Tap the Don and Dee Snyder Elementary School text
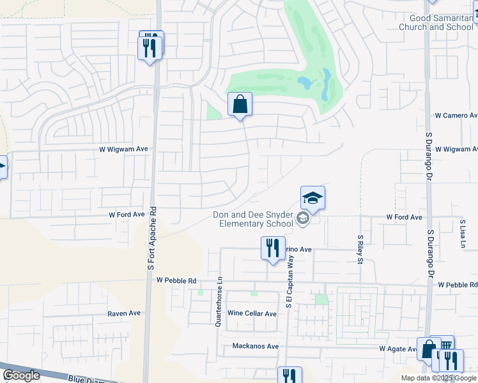pos(253,219)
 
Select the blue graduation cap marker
pos(312,199)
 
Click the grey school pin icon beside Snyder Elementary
pos(303,220)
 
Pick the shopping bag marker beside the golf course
pos(240,105)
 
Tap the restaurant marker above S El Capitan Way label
pos(273,248)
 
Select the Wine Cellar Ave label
pos(252,313)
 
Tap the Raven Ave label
pos(123,313)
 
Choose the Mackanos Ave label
pos(256,347)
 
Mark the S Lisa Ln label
pos(463,234)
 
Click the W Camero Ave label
pos(456,116)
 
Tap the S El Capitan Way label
pos(289,281)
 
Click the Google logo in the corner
pos(21,375)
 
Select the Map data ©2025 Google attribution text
pos(438,378)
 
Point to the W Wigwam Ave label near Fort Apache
pos(123,149)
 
